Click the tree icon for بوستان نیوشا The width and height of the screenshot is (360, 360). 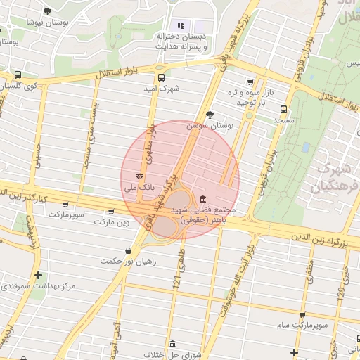(47, 11)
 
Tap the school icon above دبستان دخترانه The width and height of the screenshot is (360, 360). (181, 25)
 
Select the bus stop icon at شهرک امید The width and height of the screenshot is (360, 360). (161, 78)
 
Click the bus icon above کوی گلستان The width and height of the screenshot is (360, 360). (18, 75)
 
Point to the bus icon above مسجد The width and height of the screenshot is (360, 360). (283, 110)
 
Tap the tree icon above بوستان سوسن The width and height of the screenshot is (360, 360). (210, 115)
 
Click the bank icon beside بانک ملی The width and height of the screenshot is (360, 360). (139, 176)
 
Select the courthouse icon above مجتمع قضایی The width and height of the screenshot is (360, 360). (203, 199)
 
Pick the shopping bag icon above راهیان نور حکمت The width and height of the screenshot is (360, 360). (127, 250)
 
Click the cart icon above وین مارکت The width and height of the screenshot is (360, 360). (110, 211)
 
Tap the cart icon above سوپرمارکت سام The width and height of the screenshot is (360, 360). (302, 315)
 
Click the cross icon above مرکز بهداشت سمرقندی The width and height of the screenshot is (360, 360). (38, 275)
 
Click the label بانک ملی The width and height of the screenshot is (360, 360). (139, 188)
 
